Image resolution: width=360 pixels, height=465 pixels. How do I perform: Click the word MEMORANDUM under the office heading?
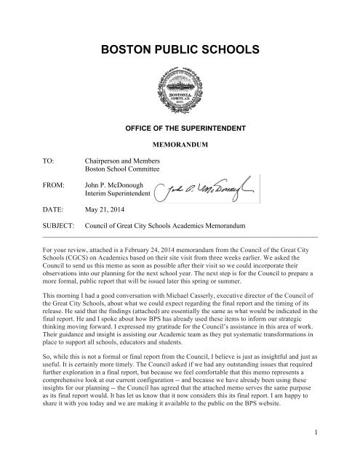[x=180, y=145]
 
